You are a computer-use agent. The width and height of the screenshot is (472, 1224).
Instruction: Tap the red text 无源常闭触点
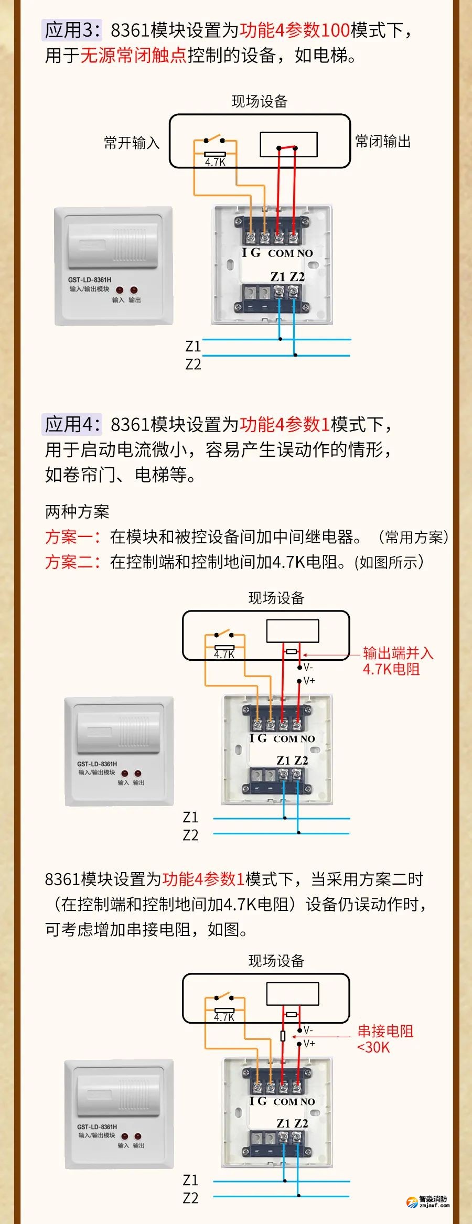133,55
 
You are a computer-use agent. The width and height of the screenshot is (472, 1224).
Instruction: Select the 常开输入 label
131,143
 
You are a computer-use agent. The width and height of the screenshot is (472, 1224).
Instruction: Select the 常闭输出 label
383,141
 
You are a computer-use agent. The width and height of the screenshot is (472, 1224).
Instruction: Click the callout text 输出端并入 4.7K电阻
398,661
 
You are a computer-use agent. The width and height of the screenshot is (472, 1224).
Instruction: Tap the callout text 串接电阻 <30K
385,1038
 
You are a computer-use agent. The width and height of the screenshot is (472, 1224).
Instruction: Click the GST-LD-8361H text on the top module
89,280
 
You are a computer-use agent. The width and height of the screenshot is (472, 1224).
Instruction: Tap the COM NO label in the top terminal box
290,253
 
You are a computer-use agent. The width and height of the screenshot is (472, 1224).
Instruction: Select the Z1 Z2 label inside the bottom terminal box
292,1123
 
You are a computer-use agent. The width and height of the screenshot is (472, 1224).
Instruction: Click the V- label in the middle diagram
308,667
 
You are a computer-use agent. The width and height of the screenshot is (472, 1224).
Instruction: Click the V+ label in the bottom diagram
309,1044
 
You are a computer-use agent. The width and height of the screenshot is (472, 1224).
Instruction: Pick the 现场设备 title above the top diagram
260,101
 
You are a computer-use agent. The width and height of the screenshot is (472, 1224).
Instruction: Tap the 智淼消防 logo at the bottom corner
428,1201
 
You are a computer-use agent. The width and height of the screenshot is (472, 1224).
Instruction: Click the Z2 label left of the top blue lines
193,364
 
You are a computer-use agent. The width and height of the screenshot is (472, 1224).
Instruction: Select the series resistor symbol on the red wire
283,1036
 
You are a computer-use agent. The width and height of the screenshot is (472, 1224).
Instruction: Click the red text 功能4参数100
295,30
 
